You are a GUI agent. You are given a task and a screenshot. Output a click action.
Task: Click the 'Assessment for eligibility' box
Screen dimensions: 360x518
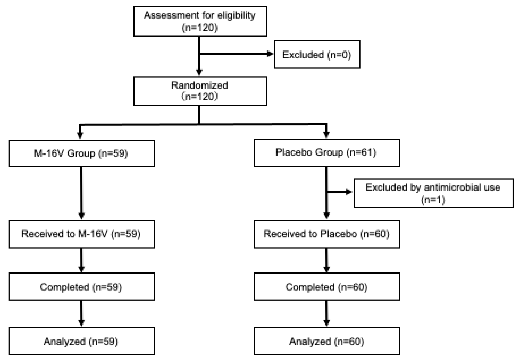click(200, 21)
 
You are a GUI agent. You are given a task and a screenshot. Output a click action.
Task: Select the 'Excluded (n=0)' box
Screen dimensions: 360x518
click(317, 54)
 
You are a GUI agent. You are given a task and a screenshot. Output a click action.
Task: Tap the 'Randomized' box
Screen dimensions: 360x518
click(200, 91)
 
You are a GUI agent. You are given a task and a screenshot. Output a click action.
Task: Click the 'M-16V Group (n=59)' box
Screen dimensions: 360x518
click(81, 153)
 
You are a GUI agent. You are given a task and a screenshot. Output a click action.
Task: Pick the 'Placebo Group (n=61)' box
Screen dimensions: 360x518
click(327, 153)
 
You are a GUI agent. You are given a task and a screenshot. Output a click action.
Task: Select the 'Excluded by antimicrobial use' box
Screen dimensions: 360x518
click(433, 193)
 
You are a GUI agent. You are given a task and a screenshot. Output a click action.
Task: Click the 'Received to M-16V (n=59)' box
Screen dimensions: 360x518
click(81, 234)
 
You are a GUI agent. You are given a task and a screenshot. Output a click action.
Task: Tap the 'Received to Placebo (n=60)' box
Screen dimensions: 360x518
click(327, 234)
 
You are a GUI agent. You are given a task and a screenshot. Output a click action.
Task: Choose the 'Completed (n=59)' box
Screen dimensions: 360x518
click(81, 287)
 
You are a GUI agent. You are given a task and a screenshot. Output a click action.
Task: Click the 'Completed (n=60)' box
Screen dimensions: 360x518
click(327, 287)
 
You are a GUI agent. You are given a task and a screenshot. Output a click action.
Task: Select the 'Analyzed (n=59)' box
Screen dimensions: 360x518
click(81, 341)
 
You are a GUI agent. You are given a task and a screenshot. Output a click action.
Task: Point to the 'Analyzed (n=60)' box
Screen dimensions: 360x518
click(327, 341)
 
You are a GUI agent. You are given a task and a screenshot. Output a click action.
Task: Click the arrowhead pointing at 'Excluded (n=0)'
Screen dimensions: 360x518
click(270, 54)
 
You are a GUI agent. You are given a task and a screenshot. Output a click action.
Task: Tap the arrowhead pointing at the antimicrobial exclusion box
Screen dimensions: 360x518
click(349, 192)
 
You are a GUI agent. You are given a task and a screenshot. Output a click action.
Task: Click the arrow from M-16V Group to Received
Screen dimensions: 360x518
click(81, 192)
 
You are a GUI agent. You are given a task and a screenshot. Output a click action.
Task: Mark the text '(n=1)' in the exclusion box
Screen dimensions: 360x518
click(433, 200)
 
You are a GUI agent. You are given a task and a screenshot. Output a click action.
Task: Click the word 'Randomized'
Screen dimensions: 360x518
click(200, 85)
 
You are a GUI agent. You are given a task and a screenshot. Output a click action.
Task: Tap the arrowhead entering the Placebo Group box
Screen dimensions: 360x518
click(326, 134)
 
